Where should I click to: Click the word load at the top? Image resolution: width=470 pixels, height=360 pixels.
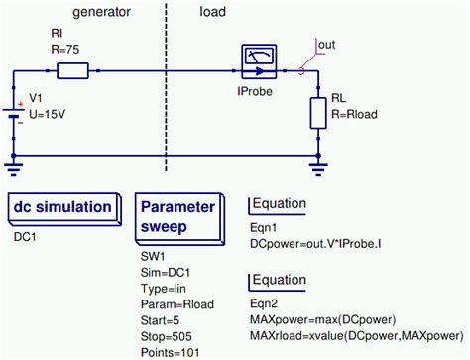pos(213,12)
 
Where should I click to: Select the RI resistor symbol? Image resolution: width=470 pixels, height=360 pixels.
pos(72,70)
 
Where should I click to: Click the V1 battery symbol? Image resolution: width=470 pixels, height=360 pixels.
pos(14,107)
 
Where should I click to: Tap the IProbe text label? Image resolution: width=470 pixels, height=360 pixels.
pos(256,91)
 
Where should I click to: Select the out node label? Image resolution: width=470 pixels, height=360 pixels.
pos(326,44)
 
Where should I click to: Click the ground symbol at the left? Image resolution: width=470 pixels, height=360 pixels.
pos(14,164)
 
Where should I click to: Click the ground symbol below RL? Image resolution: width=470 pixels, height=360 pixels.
pos(317,164)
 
